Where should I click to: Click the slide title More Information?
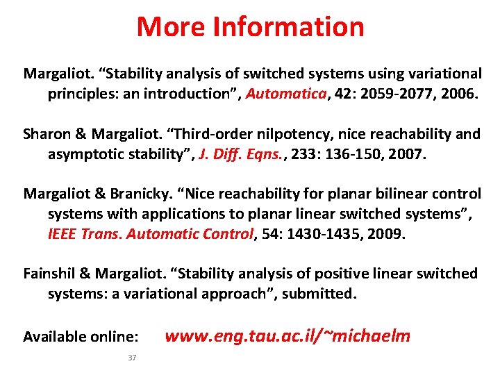click(250, 26)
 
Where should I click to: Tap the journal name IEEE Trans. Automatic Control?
click(150, 234)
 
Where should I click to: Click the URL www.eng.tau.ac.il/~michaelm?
click(287, 336)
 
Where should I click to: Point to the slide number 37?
click(133, 358)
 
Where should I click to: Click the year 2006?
click(456, 93)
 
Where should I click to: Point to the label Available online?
click(81, 337)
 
